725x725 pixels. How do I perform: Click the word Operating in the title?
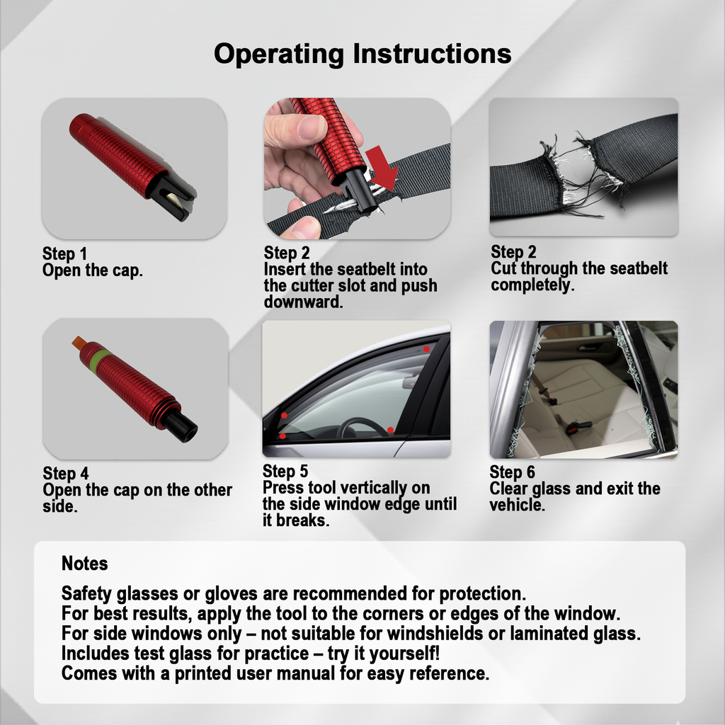[x=279, y=55]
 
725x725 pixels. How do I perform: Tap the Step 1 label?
[x=64, y=253]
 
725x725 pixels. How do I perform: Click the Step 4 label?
[x=65, y=474]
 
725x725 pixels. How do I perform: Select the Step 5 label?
[x=285, y=472]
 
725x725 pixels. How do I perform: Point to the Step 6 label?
[x=512, y=472]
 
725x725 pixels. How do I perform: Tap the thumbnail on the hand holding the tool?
[x=312, y=127]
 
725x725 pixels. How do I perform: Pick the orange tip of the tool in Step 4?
[x=77, y=343]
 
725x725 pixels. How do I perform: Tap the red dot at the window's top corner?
[x=426, y=349]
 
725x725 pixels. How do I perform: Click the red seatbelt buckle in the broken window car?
[x=576, y=426]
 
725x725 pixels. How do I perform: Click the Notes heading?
[x=84, y=564]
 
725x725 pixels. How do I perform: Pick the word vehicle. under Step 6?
[x=517, y=506]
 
